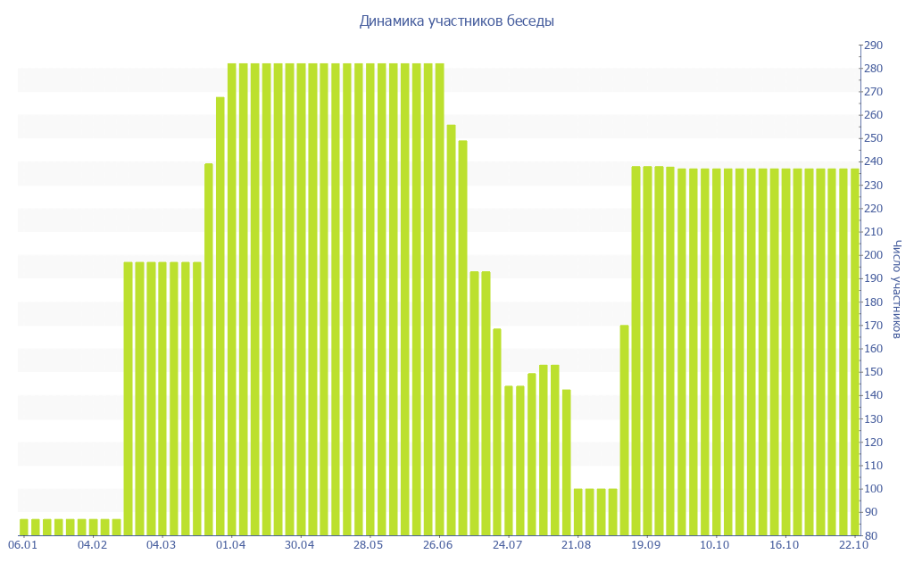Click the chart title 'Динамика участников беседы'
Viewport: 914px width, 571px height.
click(x=456, y=21)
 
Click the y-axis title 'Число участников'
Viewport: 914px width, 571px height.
click(x=898, y=289)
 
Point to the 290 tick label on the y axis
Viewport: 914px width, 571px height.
click(x=872, y=46)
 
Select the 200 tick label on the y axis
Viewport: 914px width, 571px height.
click(x=872, y=255)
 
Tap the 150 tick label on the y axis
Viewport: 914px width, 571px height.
click(x=872, y=372)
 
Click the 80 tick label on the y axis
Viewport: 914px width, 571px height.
click(x=869, y=535)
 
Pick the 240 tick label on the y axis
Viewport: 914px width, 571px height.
click(x=872, y=162)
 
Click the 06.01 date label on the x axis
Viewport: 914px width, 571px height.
click(x=23, y=545)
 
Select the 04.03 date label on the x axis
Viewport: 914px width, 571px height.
click(x=162, y=545)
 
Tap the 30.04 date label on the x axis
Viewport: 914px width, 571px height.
click(x=300, y=545)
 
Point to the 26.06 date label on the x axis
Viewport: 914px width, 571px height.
click(x=438, y=545)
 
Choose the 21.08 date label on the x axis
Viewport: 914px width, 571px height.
click(x=577, y=545)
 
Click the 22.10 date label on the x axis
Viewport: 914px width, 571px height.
click(x=854, y=545)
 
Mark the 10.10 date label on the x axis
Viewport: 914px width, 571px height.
click(x=715, y=545)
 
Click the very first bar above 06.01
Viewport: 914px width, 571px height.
click(x=24, y=526)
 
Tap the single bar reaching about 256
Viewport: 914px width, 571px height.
click(x=451, y=330)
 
